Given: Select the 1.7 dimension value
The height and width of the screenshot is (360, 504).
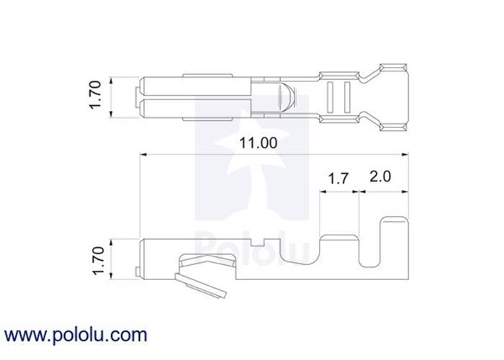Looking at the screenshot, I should coord(338,178).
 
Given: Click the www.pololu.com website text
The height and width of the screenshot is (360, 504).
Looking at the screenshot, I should coord(76,335).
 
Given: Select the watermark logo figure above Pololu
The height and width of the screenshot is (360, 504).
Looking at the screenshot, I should coord(252,166).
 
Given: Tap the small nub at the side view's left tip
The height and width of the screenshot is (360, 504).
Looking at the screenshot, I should coord(138,272).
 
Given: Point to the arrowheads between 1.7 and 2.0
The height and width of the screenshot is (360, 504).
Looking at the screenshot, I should coord(359,193).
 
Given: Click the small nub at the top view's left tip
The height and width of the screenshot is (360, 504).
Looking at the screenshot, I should coord(138,96).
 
